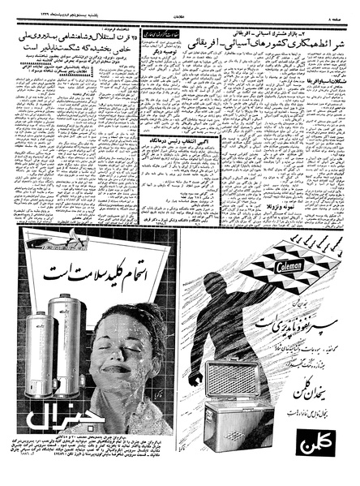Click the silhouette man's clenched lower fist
pos(195,379)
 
